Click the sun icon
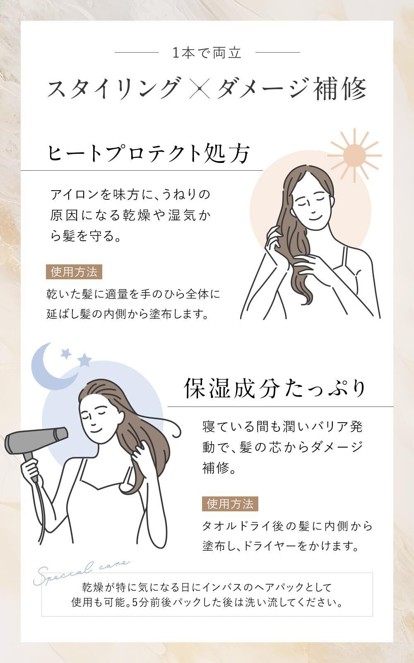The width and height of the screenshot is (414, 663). tap(354, 155)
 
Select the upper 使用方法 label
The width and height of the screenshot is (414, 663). tap(74, 272)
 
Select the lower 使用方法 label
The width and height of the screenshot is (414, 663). tap(230, 504)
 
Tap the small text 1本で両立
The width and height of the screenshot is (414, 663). tap(207, 53)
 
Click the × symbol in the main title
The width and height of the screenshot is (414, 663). tap(199, 88)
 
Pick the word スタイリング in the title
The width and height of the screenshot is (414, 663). tap(114, 88)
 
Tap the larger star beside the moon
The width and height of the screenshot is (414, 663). tap(85, 360)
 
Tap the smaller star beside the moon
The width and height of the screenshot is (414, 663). tap(66, 353)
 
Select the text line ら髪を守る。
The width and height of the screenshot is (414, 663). tap(86, 236)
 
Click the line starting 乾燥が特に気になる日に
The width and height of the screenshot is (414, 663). tap(207, 587)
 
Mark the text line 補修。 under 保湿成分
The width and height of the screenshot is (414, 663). tap(219, 468)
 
